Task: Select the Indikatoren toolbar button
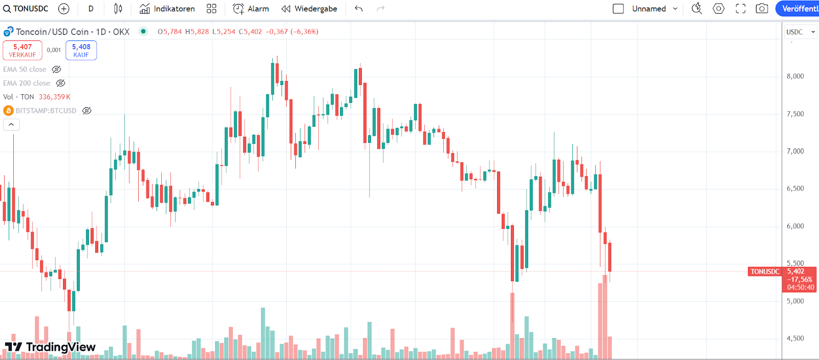[167, 9]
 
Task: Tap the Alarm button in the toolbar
[251, 9]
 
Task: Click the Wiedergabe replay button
[309, 9]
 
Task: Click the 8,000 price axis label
[795, 76]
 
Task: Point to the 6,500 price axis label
[795, 188]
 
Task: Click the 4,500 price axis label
[795, 338]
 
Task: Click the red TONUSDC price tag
[765, 272]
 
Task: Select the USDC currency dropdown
[800, 32]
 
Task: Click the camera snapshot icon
[762, 9]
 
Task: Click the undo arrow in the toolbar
[359, 9]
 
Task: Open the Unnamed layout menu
[654, 9]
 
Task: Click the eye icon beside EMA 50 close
[57, 69]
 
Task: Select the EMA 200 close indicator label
[27, 83]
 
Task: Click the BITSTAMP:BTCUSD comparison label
[46, 111]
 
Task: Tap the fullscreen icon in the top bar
[740, 9]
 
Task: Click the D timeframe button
[91, 9]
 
